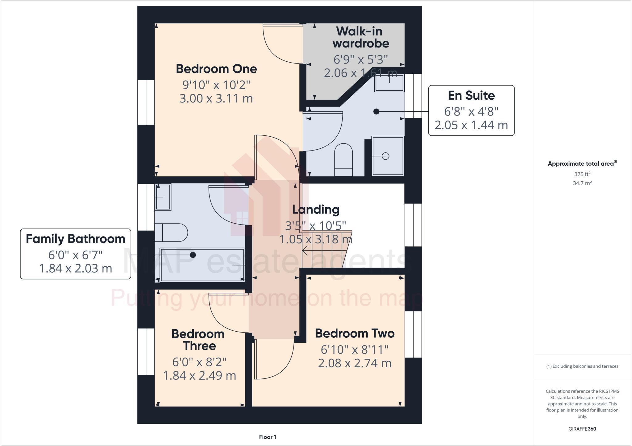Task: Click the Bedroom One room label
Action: pyautogui.click(x=216, y=69)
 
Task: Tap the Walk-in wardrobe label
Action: pyautogui.click(x=360, y=37)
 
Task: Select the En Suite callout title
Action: pyautogui.click(x=471, y=96)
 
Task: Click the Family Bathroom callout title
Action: pyautogui.click(x=76, y=239)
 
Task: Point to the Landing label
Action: pyautogui.click(x=316, y=209)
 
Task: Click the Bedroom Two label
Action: pyautogui.click(x=355, y=333)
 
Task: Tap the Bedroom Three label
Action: pyautogui.click(x=198, y=340)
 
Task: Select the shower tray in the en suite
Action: pyautogui.click(x=388, y=156)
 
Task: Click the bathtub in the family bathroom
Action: pyautogui.click(x=202, y=265)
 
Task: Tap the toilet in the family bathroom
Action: pyautogui.click(x=171, y=233)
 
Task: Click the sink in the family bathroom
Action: pyautogui.click(x=163, y=197)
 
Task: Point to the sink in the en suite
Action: pyautogui.click(x=389, y=83)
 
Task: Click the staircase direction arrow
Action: pyautogui.click(x=306, y=251)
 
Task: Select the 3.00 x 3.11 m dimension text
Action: pyautogui.click(x=216, y=98)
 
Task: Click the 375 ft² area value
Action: pyautogui.click(x=582, y=174)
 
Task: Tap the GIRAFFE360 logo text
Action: pyautogui.click(x=582, y=429)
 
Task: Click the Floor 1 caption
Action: pyautogui.click(x=268, y=437)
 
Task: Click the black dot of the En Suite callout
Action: pyautogui.click(x=376, y=112)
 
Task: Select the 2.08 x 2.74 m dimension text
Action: pyautogui.click(x=355, y=363)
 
